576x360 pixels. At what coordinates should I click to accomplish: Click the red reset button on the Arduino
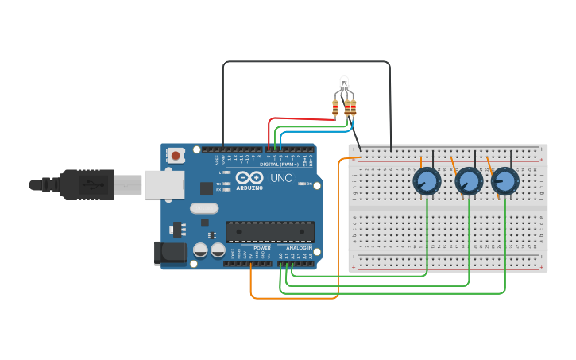(175, 156)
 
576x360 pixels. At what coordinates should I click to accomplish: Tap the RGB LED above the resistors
(344, 83)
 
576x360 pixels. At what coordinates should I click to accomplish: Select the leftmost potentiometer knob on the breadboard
(427, 182)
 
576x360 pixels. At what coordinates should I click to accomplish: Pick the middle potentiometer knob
(469, 182)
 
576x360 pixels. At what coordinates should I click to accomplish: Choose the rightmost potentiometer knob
(504, 182)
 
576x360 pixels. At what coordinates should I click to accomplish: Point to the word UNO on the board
(281, 178)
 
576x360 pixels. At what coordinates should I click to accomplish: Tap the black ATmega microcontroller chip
(269, 231)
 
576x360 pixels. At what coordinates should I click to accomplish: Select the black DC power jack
(170, 254)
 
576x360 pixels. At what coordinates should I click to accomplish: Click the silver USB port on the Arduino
(164, 184)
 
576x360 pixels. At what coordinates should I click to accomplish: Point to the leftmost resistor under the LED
(335, 108)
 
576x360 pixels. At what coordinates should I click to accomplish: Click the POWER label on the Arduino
(262, 248)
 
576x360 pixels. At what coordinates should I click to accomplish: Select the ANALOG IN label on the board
(300, 248)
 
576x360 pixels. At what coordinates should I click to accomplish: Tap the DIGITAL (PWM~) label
(277, 165)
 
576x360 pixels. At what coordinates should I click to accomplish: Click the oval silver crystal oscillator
(204, 208)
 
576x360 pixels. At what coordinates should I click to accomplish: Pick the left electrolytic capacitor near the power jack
(200, 250)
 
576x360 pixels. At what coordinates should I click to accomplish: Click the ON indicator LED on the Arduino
(300, 184)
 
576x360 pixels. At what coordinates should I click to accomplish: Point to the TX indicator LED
(226, 184)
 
